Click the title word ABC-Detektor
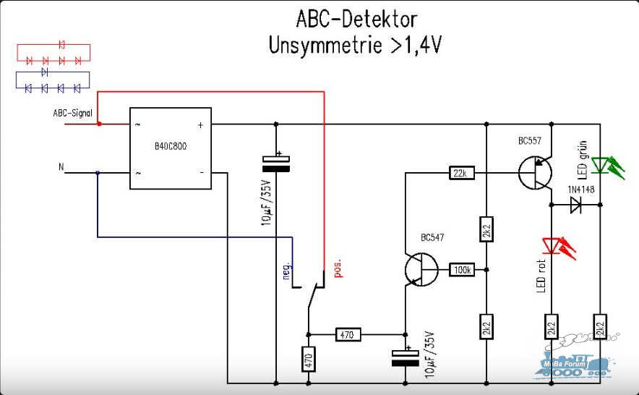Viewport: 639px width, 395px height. coord(356,20)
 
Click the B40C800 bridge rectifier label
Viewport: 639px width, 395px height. coord(171,146)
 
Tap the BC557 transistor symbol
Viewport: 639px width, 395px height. coord(535,173)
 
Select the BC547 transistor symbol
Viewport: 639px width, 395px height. coord(421,269)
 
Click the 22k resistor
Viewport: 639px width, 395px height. coord(461,173)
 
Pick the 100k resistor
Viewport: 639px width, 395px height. coord(462,270)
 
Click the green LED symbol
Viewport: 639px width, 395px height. coord(607,166)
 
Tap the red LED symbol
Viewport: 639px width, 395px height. coord(558,247)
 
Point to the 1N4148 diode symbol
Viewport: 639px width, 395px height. coord(576,205)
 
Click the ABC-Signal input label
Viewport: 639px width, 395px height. coord(72,113)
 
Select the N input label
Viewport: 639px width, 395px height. coord(61,166)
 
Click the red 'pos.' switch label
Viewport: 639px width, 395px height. coord(338,268)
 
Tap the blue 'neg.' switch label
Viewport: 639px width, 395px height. coord(287,270)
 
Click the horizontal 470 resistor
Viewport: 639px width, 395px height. coord(348,335)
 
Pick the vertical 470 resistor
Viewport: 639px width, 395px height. coord(309,359)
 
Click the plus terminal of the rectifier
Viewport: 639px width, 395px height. coord(200,125)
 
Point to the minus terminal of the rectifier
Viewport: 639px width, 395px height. coord(202,173)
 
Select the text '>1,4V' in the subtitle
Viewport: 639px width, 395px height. coord(416,45)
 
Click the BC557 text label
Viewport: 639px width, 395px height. coord(530,141)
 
